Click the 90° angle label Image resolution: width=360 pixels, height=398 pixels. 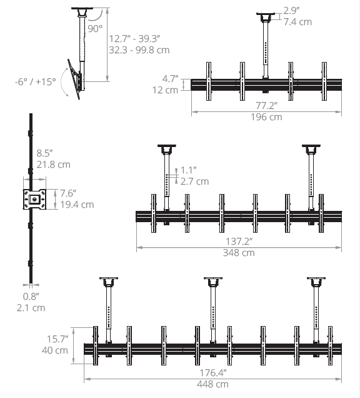[95, 29]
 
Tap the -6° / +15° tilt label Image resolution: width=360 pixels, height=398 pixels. [35, 82]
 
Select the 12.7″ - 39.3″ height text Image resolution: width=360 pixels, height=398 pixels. [134, 39]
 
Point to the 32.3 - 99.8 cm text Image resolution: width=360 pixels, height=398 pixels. [139, 50]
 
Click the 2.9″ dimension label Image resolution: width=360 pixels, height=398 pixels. [291, 11]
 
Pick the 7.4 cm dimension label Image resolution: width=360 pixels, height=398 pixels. [297, 22]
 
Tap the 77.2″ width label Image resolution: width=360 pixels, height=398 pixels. [266, 106]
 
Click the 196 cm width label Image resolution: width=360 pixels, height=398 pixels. [266, 117]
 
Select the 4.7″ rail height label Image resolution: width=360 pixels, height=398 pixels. [170, 79]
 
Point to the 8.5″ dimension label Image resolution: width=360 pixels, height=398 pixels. [44, 153]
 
